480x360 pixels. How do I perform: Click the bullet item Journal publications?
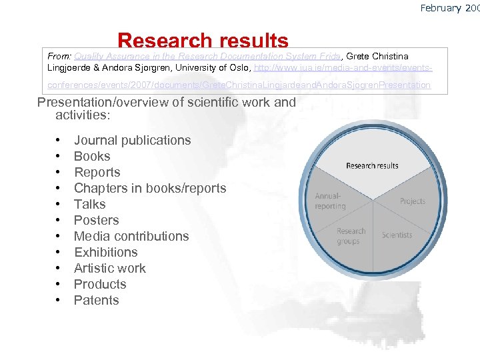[x=132, y=140]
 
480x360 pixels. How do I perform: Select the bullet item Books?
[x=92, y=156]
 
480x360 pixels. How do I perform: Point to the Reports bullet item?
[x=97, y=172]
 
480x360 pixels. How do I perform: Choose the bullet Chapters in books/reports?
[x=150, y=188]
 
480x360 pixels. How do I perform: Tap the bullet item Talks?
[x=90, y=204]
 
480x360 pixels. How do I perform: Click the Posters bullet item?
[x=96, y=220]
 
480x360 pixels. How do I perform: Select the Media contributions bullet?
[x=131, y=236]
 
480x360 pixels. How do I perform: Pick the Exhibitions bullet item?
[x=105, y=252]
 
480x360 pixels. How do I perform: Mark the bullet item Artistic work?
[x=109, y=268]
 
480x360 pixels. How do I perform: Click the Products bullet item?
[x=100, y=284]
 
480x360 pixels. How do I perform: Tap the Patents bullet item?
[x=96, y=300]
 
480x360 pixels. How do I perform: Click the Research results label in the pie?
[x=372, y=165]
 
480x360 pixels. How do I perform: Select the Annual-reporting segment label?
[x=331, y=201]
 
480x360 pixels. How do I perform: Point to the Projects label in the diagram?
[x=412, y=201]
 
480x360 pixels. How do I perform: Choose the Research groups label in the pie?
[x=351, y=236]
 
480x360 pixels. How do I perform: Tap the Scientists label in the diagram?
[x=397, y=235]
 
